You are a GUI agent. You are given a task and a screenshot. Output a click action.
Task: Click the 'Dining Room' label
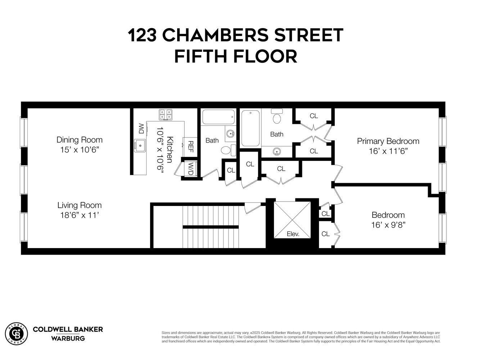pos(79,140)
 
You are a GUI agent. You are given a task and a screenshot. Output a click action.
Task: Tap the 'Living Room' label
pos(79,205)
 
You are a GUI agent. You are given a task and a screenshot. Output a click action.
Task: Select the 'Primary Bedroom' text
pos(388,141)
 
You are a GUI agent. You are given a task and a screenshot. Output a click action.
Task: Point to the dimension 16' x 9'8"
pos(388,225)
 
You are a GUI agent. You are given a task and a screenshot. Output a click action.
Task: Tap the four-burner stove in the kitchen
pos(166,115)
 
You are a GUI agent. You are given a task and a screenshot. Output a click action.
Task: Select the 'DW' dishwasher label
pos(141,129)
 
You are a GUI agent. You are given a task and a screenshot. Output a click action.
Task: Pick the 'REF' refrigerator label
pos(190,146)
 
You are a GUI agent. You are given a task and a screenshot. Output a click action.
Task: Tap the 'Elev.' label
pos(293,234)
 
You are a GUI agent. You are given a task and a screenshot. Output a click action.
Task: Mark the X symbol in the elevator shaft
pos(292,220)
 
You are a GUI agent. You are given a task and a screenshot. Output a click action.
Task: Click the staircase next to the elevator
pos(211,227)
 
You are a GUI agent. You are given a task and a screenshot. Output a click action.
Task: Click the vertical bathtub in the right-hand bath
pos(250,128)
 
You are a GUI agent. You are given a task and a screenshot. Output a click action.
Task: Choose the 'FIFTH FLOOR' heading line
pos(236,57)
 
